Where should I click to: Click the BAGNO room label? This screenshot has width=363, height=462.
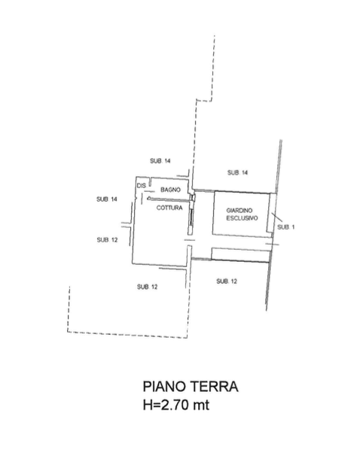coord(170,190)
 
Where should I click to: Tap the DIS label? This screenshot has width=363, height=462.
coord(142,186)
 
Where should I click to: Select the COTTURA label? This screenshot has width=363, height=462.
coord(169,208)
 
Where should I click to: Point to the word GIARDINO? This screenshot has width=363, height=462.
coord(239,211)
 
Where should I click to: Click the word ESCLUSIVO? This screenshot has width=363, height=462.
coord(242,218)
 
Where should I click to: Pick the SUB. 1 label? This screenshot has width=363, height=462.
coord(285,227)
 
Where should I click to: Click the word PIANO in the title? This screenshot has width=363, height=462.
coord(163,386)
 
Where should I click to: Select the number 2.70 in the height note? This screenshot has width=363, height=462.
coord(174,405)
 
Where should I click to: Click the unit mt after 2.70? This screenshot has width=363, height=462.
coord(201,405)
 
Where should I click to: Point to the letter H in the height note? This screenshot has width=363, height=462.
coord(148,405)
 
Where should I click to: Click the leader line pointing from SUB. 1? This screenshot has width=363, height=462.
coord(276,217)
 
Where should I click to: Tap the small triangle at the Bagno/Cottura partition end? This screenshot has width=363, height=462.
coord(149,198)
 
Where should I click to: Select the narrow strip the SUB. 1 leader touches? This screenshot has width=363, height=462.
coord(269,212)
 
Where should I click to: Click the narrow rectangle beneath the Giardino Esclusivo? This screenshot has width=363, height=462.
coord(241,254)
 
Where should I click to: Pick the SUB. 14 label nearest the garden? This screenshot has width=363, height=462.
coord(237,172)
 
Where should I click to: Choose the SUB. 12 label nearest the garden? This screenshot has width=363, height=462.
coord(227,281)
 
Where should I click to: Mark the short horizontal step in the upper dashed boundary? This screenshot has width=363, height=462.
coord(204,101)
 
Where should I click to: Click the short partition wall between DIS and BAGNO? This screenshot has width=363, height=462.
coord(150,181)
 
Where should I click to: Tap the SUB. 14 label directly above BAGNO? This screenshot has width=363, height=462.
coord(160,161)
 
